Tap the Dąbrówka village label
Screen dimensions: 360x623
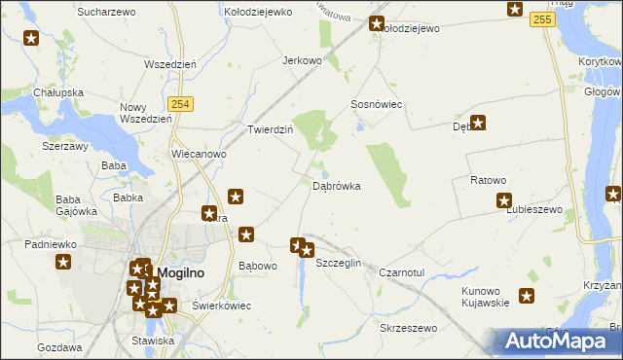coord(337,185)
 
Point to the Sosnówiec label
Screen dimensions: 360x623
coord(377,104)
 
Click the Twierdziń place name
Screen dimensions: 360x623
coord(270,129)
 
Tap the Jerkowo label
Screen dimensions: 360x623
coord(302,60)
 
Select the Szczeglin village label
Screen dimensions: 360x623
coord(340,264)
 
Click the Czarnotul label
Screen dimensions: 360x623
coord(402,272)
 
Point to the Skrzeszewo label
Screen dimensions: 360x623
coord(409,329)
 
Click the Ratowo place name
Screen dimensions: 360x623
coord(489,180)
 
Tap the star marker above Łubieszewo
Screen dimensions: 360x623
coord(504,201)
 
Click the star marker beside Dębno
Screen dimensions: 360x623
coord(478,124)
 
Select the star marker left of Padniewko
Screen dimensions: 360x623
coord(64,262)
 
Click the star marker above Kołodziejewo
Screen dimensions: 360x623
coord(378,24)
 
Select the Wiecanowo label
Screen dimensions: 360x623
coord(199,154)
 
